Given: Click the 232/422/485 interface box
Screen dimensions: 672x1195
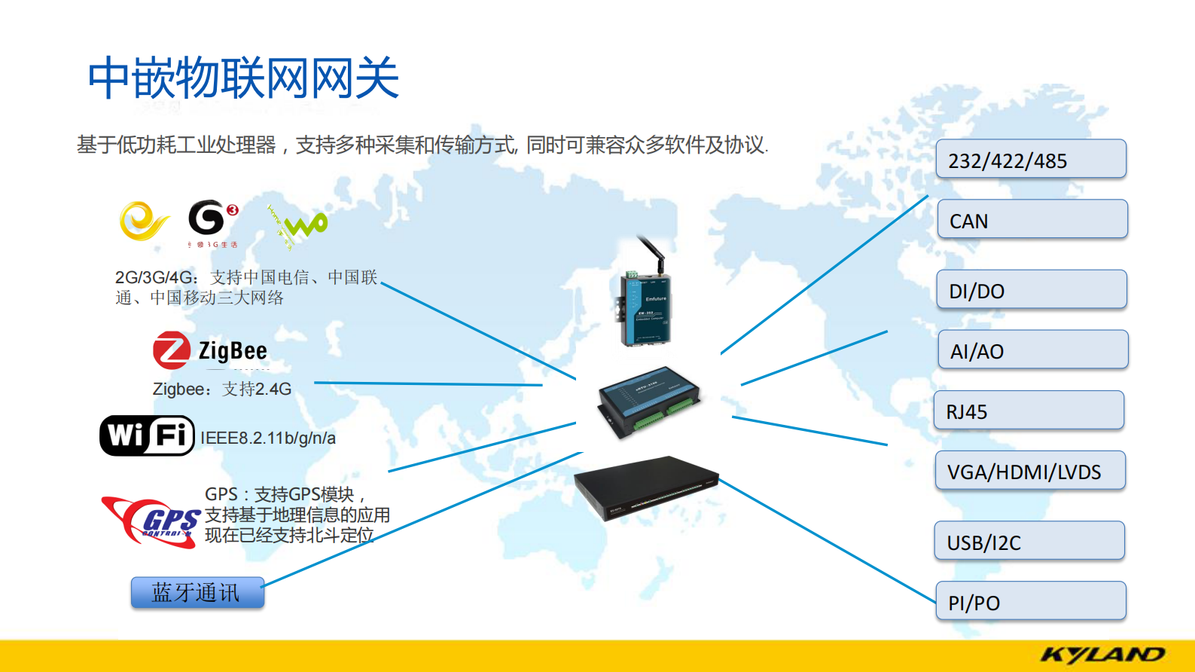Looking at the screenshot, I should coord(1031,159).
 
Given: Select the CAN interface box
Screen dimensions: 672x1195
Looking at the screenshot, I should coord(1032,219).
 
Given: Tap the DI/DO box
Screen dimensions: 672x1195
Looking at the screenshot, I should coord(1032,290).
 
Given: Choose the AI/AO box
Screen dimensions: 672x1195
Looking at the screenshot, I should coord(1032,350).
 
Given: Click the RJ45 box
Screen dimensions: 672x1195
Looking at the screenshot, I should coord(1029,411).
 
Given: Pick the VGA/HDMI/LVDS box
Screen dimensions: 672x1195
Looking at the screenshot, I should coord(1030,471).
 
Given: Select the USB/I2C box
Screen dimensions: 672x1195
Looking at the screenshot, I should coord(1029,541).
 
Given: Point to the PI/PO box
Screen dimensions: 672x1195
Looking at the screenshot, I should coord(1031,601).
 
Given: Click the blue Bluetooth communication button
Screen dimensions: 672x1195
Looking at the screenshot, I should coord(197,592).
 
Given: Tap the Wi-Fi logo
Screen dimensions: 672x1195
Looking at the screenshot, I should coord(147,435).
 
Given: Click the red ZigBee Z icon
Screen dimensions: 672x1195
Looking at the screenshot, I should coord(171,350).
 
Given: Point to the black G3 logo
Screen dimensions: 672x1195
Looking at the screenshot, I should coord(210,218).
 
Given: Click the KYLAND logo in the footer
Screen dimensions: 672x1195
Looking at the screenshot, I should coord(1102,655).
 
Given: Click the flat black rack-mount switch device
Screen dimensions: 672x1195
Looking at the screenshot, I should coord(645,486).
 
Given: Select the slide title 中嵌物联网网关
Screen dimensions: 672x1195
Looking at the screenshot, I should coord(243,78).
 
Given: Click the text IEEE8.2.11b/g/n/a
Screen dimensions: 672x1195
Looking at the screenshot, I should coord(268,438).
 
